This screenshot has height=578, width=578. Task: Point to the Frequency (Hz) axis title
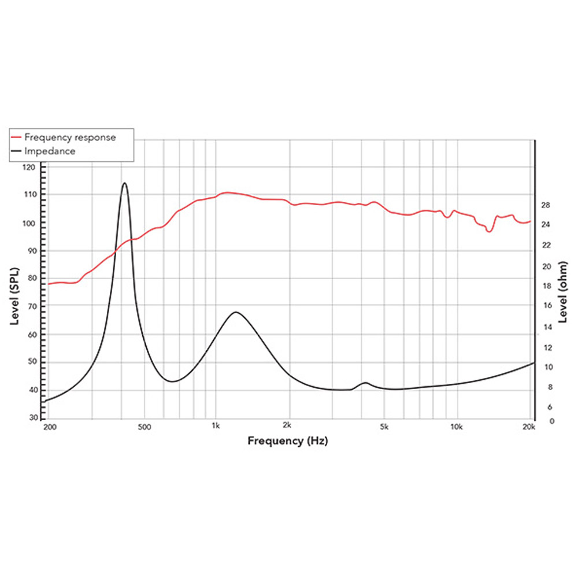pos(288,441)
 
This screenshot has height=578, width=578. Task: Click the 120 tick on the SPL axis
pos(29,167)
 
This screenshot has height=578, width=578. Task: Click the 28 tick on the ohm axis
pos(545,205)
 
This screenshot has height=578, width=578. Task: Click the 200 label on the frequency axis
pos(50,428)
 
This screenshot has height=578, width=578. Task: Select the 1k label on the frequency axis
pos(216,427)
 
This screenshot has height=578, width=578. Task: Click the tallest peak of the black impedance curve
pos(124,183)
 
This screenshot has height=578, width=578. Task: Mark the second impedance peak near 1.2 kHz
pos(235,312)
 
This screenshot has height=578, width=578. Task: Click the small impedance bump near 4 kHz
pos(365,383)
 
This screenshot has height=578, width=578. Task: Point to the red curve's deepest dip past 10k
pos(489,231)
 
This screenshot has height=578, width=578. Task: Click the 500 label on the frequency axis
pos(144,428)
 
